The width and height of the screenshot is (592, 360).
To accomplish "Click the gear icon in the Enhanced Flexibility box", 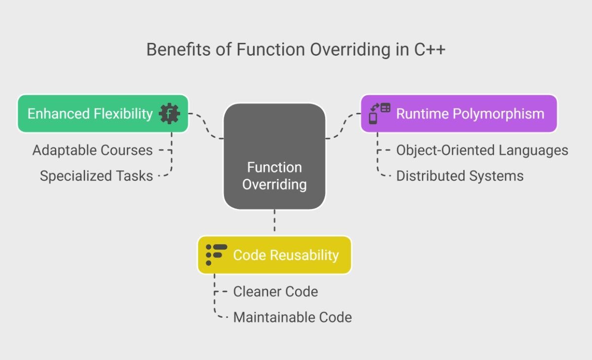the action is click(169, 113).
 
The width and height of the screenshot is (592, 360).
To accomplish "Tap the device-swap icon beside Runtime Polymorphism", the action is click(380, 113).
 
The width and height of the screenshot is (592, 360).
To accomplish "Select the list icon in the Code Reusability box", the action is click(217, 255).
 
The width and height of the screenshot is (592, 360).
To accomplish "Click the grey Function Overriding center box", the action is click(274, 156).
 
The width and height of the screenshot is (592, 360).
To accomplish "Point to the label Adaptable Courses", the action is click(93, 150).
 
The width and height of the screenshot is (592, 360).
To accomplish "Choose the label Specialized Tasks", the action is click(97, 176).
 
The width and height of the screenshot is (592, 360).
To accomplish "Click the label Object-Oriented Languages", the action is click(482, 150).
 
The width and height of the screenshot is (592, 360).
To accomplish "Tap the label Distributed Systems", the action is click(460, 176).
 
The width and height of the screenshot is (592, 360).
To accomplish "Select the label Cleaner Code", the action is click(276, 291).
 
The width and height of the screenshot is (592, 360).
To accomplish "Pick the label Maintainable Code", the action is click(293, 317).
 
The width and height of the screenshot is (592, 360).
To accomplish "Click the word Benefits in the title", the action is click(179, 49).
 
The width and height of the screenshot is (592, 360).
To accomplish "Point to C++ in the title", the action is click(430, 49).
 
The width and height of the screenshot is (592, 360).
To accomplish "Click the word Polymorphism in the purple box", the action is click(498, 114).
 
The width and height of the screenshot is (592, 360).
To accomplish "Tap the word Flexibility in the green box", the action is click(123, 114).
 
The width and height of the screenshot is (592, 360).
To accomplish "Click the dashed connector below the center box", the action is click(274, 220).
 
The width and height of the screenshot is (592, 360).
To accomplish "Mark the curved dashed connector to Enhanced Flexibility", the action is click(206, 126).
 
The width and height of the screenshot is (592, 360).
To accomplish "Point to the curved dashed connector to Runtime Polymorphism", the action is click(343, 126).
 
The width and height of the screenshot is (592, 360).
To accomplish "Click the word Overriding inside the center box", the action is click(274, 184).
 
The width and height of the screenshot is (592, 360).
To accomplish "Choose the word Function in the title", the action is click(271, 49).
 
